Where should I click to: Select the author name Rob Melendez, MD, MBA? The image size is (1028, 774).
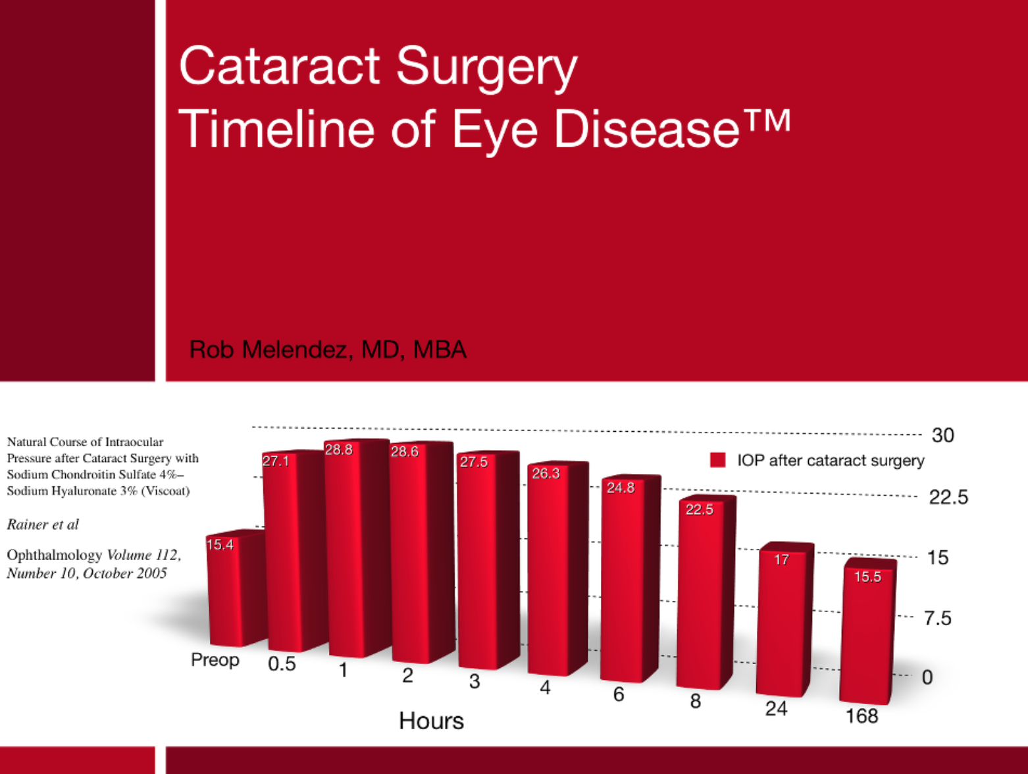click(327, 349)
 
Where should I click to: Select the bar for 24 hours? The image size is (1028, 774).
click(781, 625)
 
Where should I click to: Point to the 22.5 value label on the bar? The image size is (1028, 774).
click(699, 509)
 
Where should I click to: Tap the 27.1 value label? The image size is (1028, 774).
click(276, 461)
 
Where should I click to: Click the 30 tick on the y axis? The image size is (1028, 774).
click(942, 435)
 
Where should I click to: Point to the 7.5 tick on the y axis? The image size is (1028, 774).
click(938, 618)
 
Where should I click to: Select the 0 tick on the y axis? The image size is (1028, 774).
click(927, 677)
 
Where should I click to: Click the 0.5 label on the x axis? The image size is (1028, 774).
click(282, 664)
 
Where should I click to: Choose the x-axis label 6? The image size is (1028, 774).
click(618, 694)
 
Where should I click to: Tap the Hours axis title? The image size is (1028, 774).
click(431, 721)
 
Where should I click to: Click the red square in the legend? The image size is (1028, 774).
click(717, 460)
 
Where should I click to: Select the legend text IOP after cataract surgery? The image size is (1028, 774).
click(831, 460)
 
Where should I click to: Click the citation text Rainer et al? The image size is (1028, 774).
click(43, 525)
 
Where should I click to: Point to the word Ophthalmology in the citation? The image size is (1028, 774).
click(55, 555)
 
